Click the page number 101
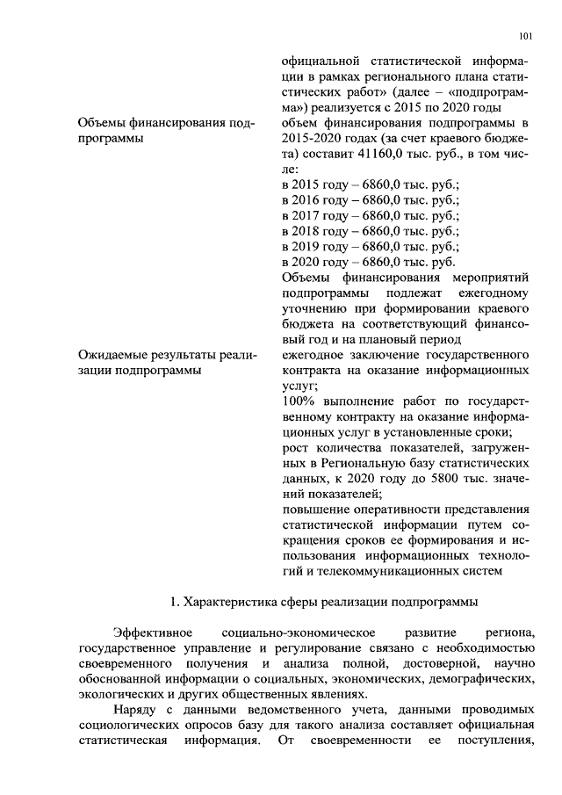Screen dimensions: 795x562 click(526, 37)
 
